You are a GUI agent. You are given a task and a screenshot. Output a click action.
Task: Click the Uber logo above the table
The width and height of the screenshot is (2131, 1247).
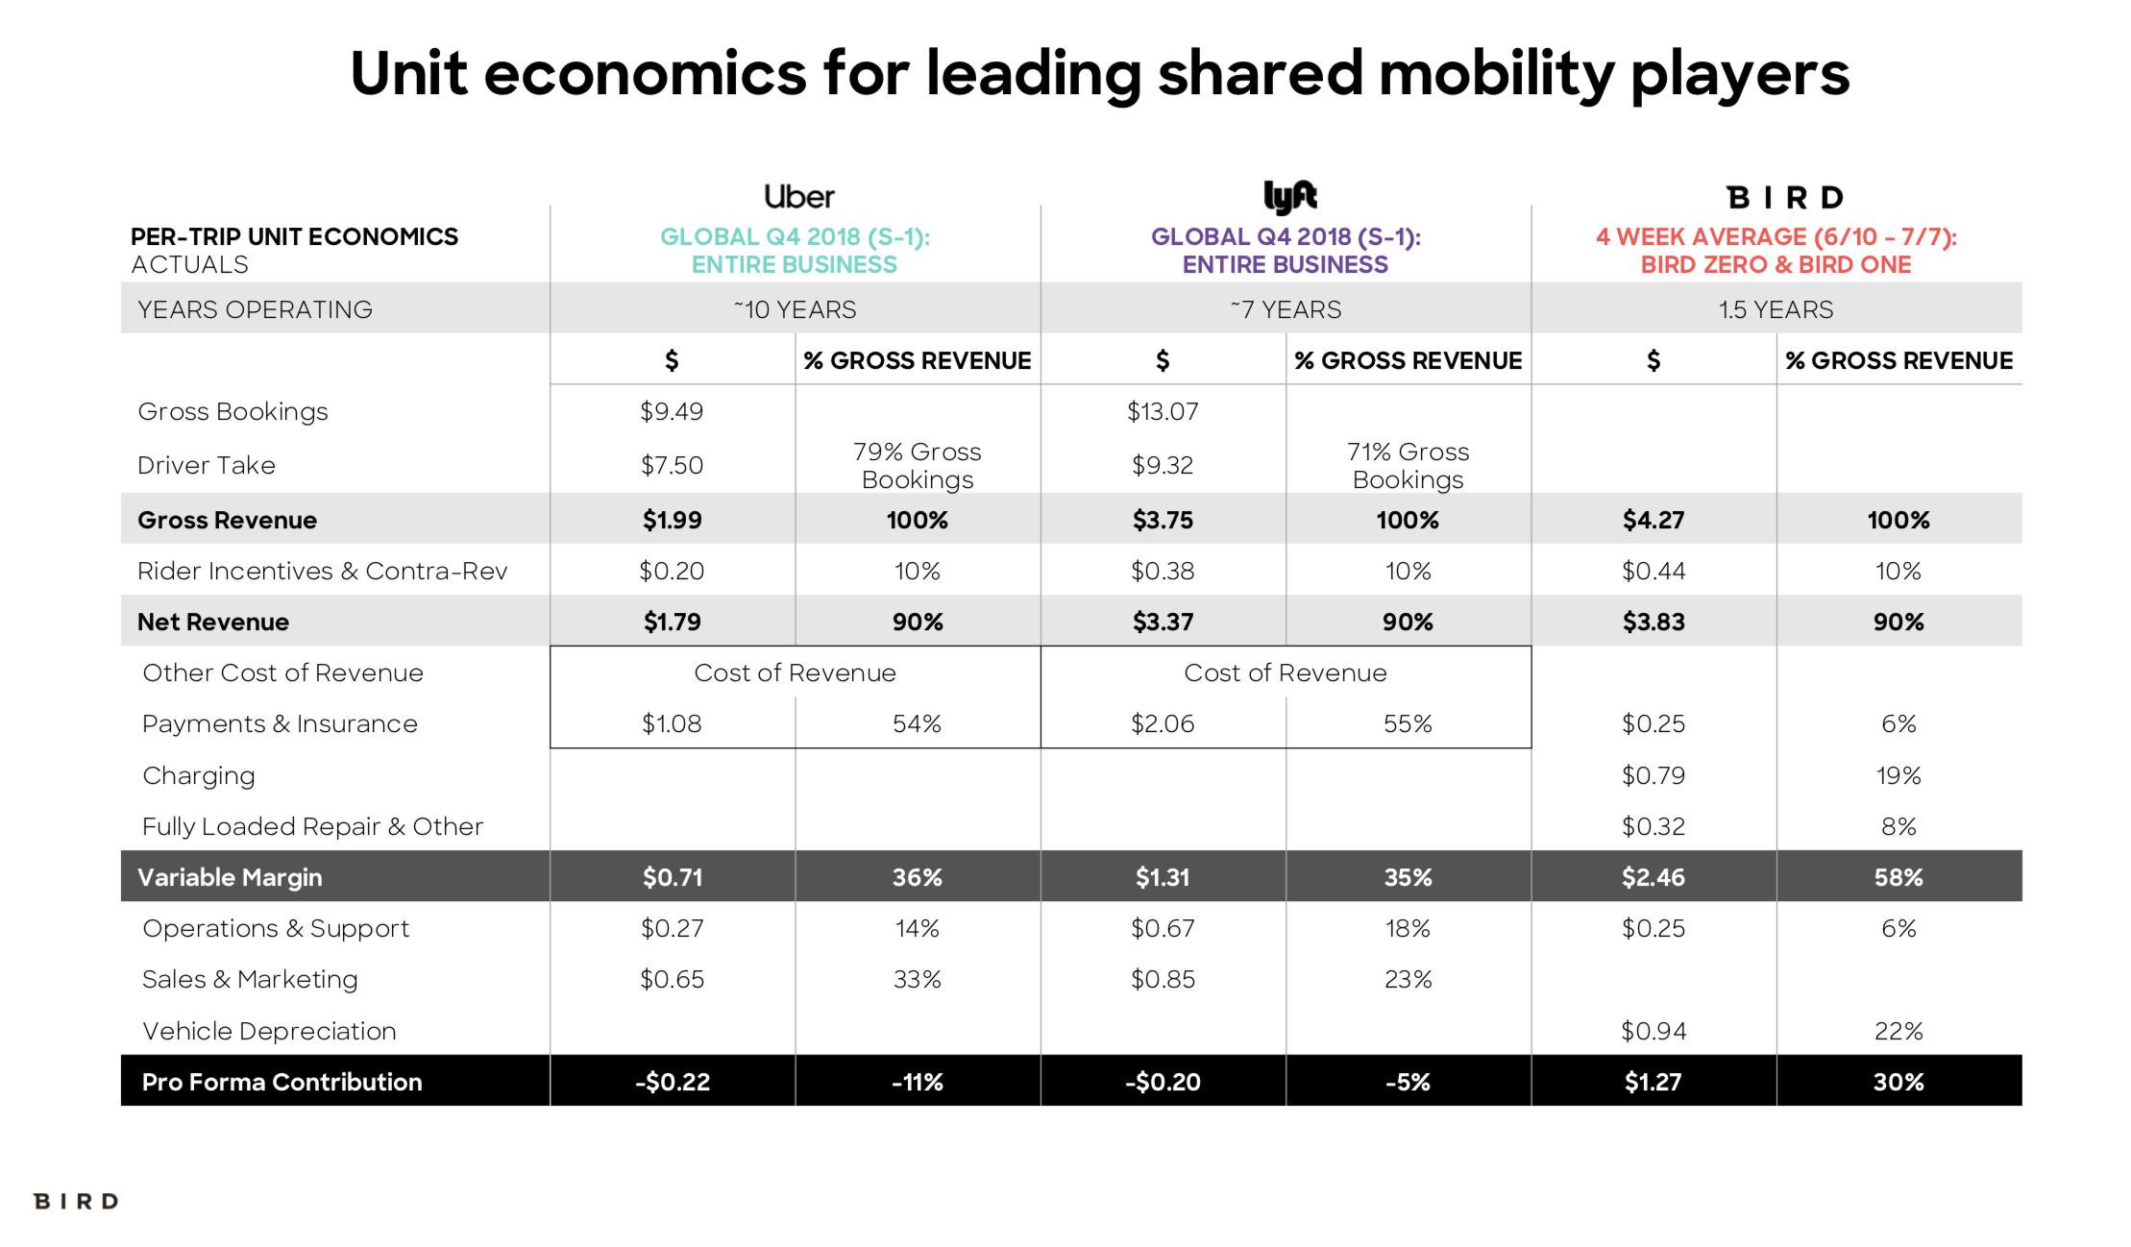pyautogui.click(x=798, y=197)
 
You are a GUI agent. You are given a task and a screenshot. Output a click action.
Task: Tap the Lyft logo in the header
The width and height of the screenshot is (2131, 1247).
pyautogui.click(x=1288, y=196)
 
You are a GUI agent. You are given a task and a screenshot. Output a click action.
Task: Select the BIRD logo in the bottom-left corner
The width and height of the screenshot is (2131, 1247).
pyautogui.click(x=76, y=1202)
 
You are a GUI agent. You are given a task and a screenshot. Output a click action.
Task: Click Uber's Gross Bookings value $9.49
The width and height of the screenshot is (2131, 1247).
pyautogui.click(x=672, y=412)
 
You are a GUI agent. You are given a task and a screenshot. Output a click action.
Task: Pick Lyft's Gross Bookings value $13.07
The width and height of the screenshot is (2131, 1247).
pyautogui.click(x=1163, y=412)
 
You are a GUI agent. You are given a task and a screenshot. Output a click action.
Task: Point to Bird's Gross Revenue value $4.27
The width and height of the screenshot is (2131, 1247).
pyautogui.click(x=1653, y=521)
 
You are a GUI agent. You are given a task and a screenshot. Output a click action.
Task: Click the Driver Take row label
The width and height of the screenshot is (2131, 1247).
pyautogui.click(x=207, y=466)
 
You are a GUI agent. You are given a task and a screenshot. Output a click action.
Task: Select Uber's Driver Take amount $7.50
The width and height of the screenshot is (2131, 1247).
pyautogui.click(x=672, y=466)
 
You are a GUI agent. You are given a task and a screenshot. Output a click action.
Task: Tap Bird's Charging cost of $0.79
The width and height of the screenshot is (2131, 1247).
pyautogui.click(x=1653, y=776)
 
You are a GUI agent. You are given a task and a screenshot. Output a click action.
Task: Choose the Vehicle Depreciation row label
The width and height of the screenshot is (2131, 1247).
pyautogui.click(x=269, y=1032)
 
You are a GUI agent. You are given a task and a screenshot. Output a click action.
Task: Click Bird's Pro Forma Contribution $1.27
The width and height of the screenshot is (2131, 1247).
pyautogui.click(x=1653, y=1083)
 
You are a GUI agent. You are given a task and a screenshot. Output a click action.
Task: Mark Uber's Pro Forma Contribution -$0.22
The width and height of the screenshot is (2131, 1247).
pyautogui.click(x=672, y=1083)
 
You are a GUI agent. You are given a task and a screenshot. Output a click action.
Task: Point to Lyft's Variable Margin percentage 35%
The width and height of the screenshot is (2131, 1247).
pyautogui.click(x=1408, y=878)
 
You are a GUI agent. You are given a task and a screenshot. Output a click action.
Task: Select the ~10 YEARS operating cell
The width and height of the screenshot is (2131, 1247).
pyautogui.click(x=795, y=310)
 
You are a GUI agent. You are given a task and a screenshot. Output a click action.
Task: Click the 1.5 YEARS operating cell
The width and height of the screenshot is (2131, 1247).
pyautogui.click(x=1776, y=310)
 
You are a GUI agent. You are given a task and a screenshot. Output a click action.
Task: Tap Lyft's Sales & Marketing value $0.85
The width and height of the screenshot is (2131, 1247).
pyautogui.click(x=1163, y=980)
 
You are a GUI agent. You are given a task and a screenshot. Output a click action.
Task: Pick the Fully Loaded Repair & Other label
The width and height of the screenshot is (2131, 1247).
pyautogui.click(x=312, y=827)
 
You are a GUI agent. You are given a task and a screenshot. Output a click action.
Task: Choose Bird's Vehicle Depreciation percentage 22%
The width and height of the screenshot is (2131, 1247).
pyautogui.click(x=1898, y=1032)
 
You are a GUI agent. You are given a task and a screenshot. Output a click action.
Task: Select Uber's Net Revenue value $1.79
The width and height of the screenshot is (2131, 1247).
pyautogui.click(x=672, y=623)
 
